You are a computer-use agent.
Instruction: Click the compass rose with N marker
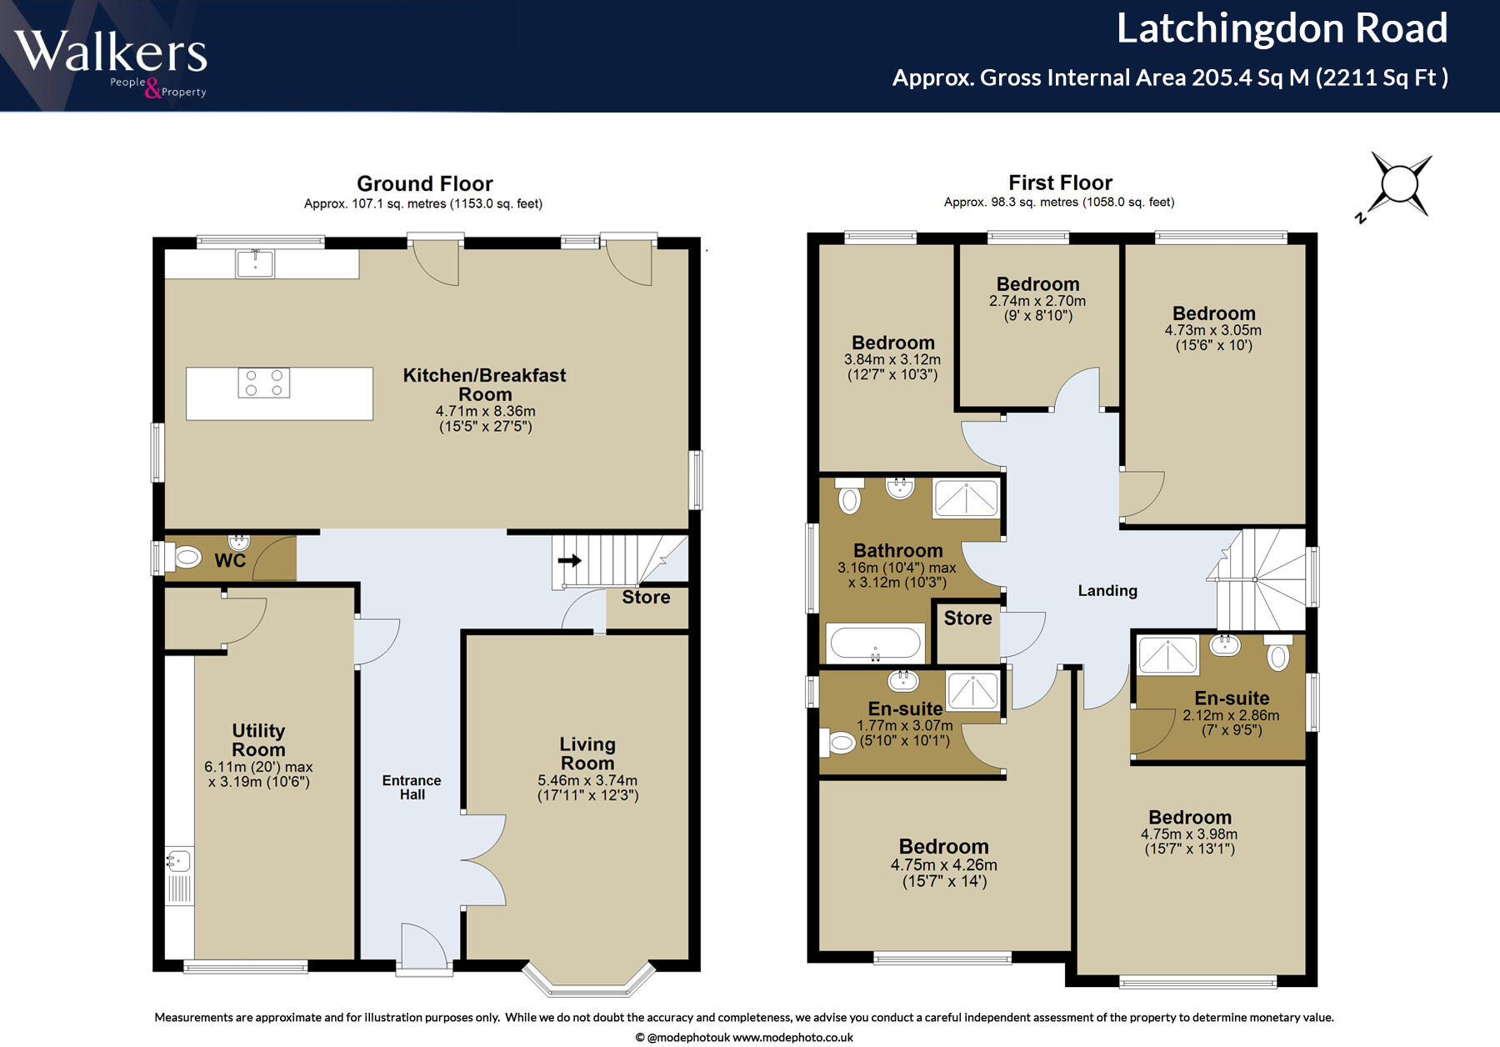tap(1399, 184)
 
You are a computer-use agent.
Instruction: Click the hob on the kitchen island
tap(263, 383)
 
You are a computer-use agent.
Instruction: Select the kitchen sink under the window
tap(255, 263)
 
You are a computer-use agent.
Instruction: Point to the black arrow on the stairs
tap(570, 560)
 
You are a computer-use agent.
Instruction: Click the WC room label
tap(230, 560)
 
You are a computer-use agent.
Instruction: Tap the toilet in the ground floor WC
tap(186, 557)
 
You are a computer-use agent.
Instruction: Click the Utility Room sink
tap(178, 860)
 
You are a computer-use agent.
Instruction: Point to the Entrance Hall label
tap(412, 787)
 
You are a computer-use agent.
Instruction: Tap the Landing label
tap(1107, 590)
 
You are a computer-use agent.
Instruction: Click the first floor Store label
tap(967, 618)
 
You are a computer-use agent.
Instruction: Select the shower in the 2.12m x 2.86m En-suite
tap(1168, 655)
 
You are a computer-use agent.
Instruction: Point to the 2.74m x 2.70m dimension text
tap(1037, 301)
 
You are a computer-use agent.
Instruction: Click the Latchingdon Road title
tap(1282, 28)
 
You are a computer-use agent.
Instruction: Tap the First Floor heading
tap(1060, 183)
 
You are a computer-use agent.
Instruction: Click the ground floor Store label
tap(646, 597)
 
